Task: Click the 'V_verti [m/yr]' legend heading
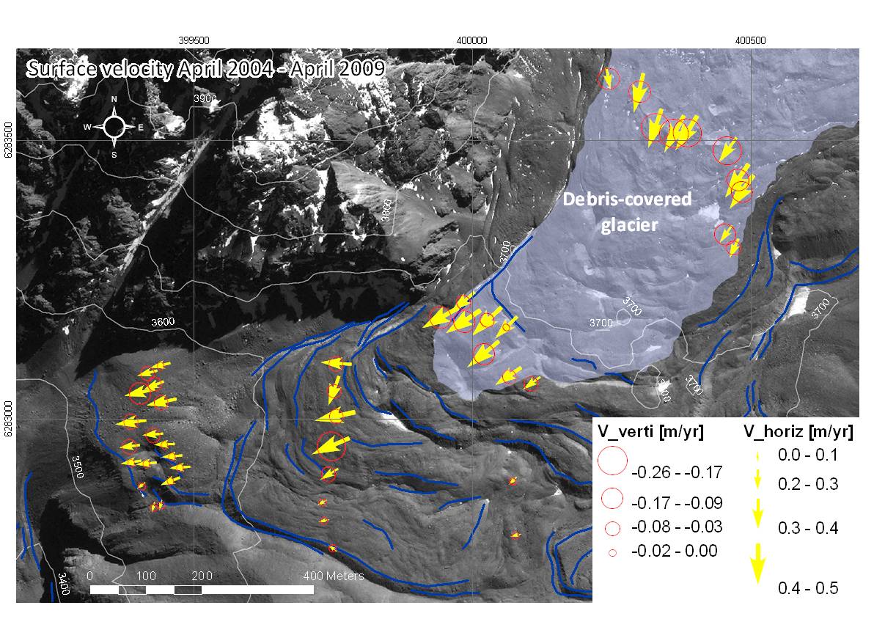[x=651, y=432]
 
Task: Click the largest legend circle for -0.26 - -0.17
[x=612, y=461]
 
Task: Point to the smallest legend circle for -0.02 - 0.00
[x=612, y=550]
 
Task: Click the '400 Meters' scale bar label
[x=334, y=576]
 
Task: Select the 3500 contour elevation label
[x=78, y=467]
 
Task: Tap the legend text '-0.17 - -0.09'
[x=677, y=503]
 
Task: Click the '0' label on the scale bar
[x=90, y=576]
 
